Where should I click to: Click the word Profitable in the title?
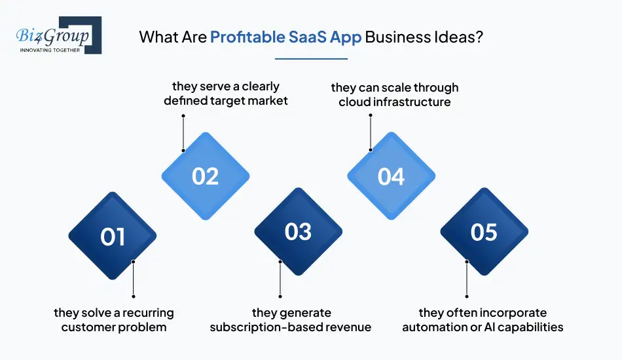[247, 37]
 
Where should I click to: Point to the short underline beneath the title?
[311, 59]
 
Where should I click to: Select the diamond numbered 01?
[113, 236]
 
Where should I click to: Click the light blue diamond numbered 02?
[206, 176]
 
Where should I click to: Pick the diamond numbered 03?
[299, 232]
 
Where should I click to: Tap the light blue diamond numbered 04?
[391, 176]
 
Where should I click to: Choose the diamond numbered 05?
[484, 232]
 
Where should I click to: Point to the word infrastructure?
[416, 101]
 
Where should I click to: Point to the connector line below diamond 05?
[467, 279]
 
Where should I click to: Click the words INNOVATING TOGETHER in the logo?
[50, 49]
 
